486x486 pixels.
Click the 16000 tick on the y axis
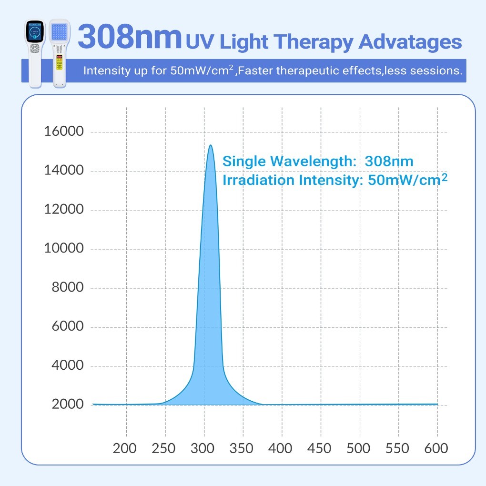click(x=64, y=132)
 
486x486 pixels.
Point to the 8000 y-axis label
click(x=67, y=288)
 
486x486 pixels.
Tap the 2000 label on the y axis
click(x=67, y=405)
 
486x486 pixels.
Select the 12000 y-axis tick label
click(x=64, y=210)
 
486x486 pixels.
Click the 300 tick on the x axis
click(x=204, y=448)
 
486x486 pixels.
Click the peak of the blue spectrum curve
click(x=210, y=146)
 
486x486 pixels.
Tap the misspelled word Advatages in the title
click(x=410, y=42)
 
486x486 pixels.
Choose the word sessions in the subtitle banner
click(x=437, y=71)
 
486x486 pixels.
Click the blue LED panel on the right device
click(x=58, y=33)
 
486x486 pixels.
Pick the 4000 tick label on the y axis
click(x=67, y=366)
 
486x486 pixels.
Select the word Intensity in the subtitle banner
click(x=105, y=71)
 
